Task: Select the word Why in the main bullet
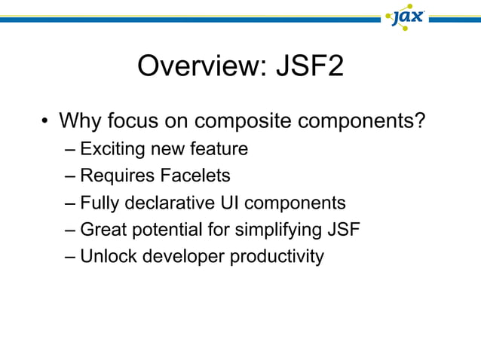[79, 121]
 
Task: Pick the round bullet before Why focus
[46, 121]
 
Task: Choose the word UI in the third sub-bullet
[230, 203]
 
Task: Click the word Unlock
[106, 257]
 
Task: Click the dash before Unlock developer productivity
[70, 258]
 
